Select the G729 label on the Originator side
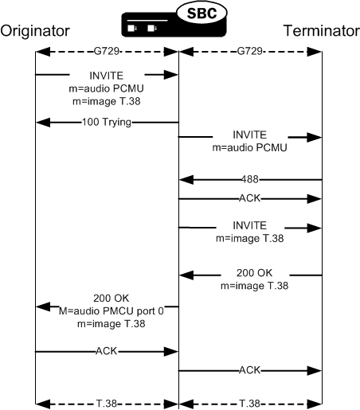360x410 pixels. point(106,52)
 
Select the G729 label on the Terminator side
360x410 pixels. point(250,52)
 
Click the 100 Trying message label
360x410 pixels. point(106,123)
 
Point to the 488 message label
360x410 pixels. point(250,180)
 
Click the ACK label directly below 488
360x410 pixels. point(250,197)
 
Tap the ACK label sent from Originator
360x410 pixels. point(106,350)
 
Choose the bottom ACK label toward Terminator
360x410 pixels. point(250,370)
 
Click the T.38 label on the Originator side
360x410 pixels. point(106,404)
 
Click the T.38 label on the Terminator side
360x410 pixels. point(250,404)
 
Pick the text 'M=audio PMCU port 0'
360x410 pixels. point(106,312)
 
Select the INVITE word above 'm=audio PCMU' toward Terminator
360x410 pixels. point(250,135)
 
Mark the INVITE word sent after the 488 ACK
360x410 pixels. point(250,225)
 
